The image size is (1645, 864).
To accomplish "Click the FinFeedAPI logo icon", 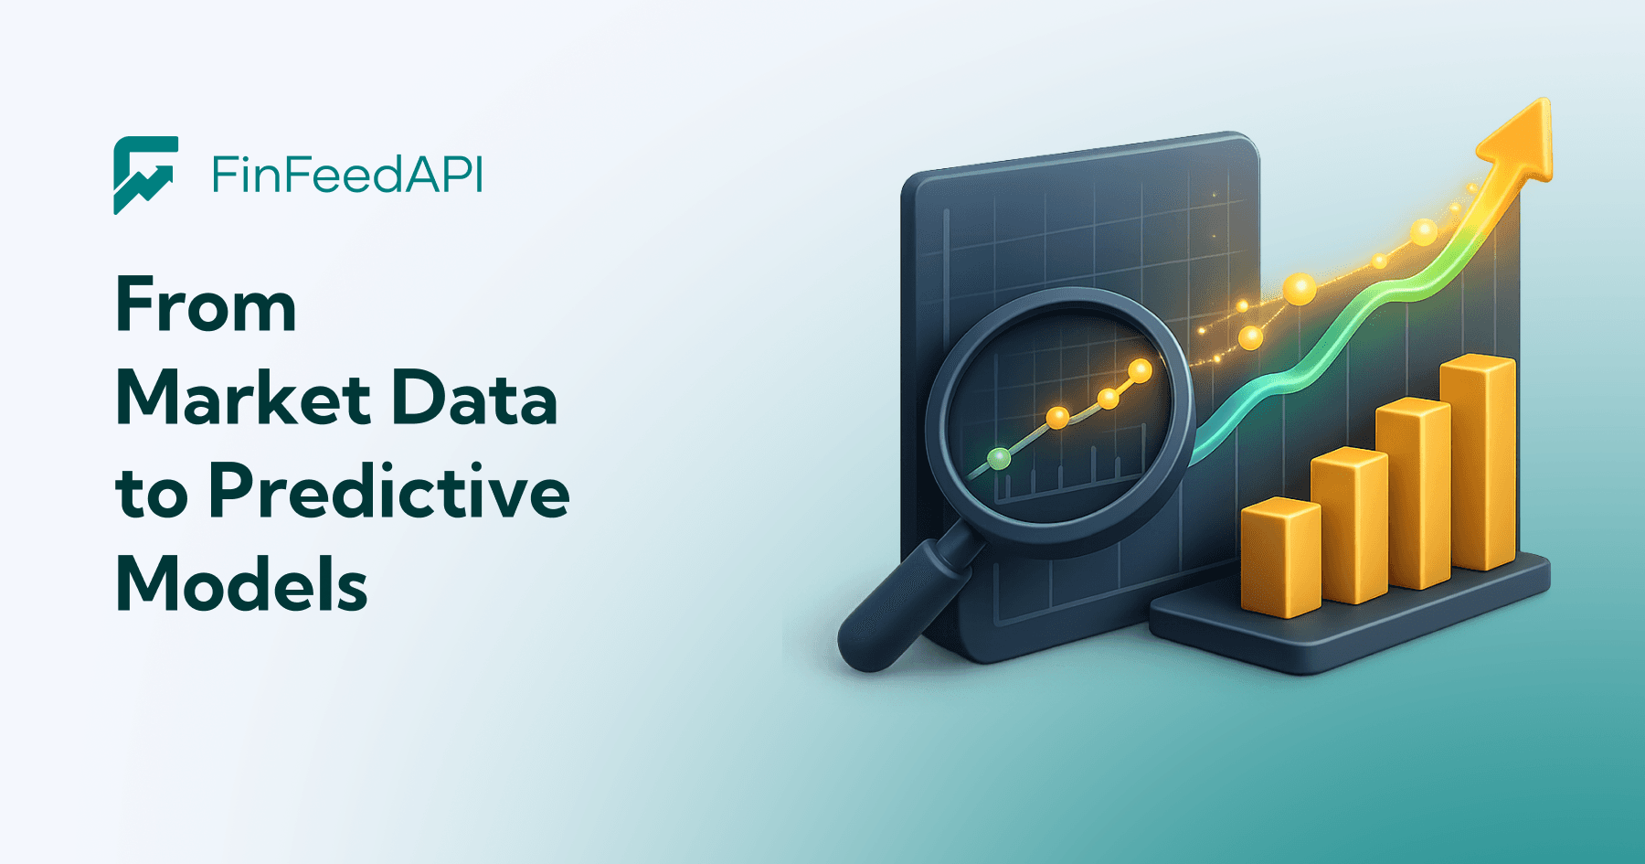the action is pos(145,175).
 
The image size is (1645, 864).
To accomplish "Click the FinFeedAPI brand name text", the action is pos(347,175).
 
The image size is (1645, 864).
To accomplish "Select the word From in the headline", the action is pos(207,305).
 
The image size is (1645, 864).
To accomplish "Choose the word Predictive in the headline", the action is pos(389,492).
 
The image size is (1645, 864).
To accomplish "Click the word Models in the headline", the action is pos(242,584).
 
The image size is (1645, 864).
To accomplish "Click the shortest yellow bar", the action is pos(1280,557).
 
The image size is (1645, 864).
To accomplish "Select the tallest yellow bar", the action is pos(1478,462).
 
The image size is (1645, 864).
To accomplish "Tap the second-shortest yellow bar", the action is pos(1349,526).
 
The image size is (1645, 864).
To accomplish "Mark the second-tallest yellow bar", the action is pos(1413,494).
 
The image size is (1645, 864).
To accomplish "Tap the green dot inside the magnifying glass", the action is pos(1000,458).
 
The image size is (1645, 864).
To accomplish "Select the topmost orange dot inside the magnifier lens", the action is pos(1140,370).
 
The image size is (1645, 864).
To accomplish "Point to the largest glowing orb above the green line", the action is pos(1300,289).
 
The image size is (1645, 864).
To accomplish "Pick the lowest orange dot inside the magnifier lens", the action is pos(1057,418).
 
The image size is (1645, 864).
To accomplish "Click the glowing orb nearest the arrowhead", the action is pos(1423,232).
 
